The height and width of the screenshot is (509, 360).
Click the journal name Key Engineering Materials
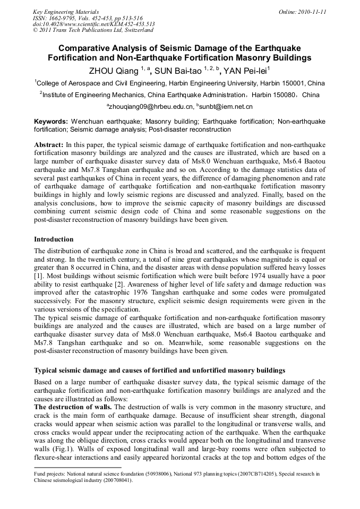point(65,11)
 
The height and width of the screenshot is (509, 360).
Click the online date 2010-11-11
point(306,11)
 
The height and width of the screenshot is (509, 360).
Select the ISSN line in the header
point(77,18)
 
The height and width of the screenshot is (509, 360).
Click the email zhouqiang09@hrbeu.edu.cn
point(150,107)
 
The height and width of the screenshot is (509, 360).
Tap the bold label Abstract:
point(49,144)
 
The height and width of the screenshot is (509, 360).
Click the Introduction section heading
point(54,239)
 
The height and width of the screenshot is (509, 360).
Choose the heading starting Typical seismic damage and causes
point(159,369)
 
